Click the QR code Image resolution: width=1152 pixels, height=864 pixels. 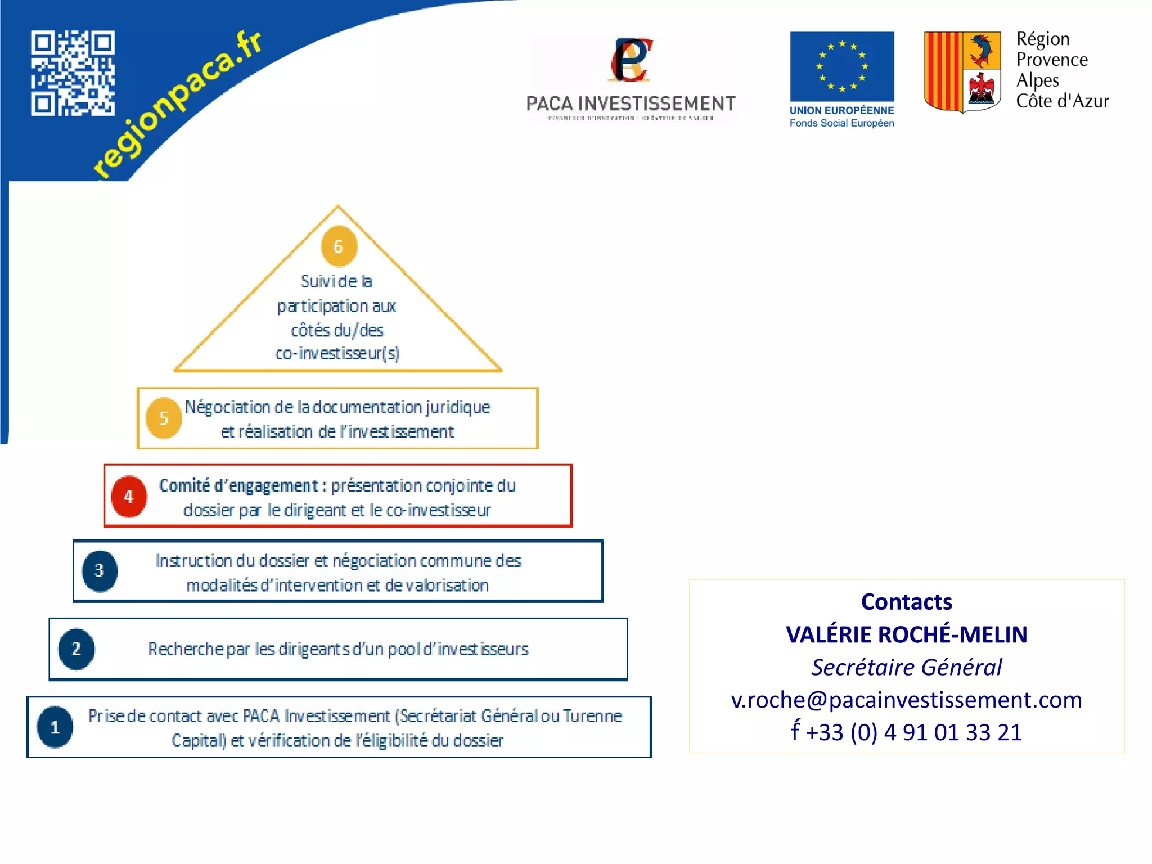pyautogui.click(x=73, y=73)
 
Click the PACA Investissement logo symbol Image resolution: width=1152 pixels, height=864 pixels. pyautogui.click(x=631, y=60)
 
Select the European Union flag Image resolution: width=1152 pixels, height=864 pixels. pyautogui.click(x=841, y=66)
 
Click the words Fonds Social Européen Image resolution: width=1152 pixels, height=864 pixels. pyautogui.click(x=841, y=123)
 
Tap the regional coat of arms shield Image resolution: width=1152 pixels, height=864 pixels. pyautogui.click(x=962, y=71)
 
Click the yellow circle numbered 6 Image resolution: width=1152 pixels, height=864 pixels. pyautogui.click(x=339, y=246)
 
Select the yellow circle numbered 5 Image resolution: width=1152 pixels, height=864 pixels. pyautogui.click(x=164, y=418)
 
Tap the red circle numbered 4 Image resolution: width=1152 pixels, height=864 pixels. pyautogui.click(x=129, y=497)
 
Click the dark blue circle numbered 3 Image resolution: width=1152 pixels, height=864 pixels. pyautogui.click(x=100, y=571)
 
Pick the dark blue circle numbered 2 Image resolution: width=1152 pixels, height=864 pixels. pyautogui.click(x=76, y=649)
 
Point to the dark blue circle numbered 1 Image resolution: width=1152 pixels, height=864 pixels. pyautogui.click(x=55, y=727)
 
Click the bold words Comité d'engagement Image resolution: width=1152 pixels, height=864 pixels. pyautogui.click(x=238, y=485)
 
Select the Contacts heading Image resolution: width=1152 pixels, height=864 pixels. pyautogui.click(x=906, y=602)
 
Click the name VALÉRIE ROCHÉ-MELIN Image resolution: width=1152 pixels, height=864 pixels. pyautogui.click(x=906, y=634)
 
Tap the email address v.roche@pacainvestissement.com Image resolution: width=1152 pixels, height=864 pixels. pyautogui.click(x=906, y=700)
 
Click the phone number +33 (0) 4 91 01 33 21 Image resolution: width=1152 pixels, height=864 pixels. pyautogui.click(x=913, y=732)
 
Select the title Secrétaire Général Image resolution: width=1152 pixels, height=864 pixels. pyautogui.click(x=906, y=667)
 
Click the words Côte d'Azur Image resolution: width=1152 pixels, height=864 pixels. pyautogui.click(x=1062, y=101)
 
